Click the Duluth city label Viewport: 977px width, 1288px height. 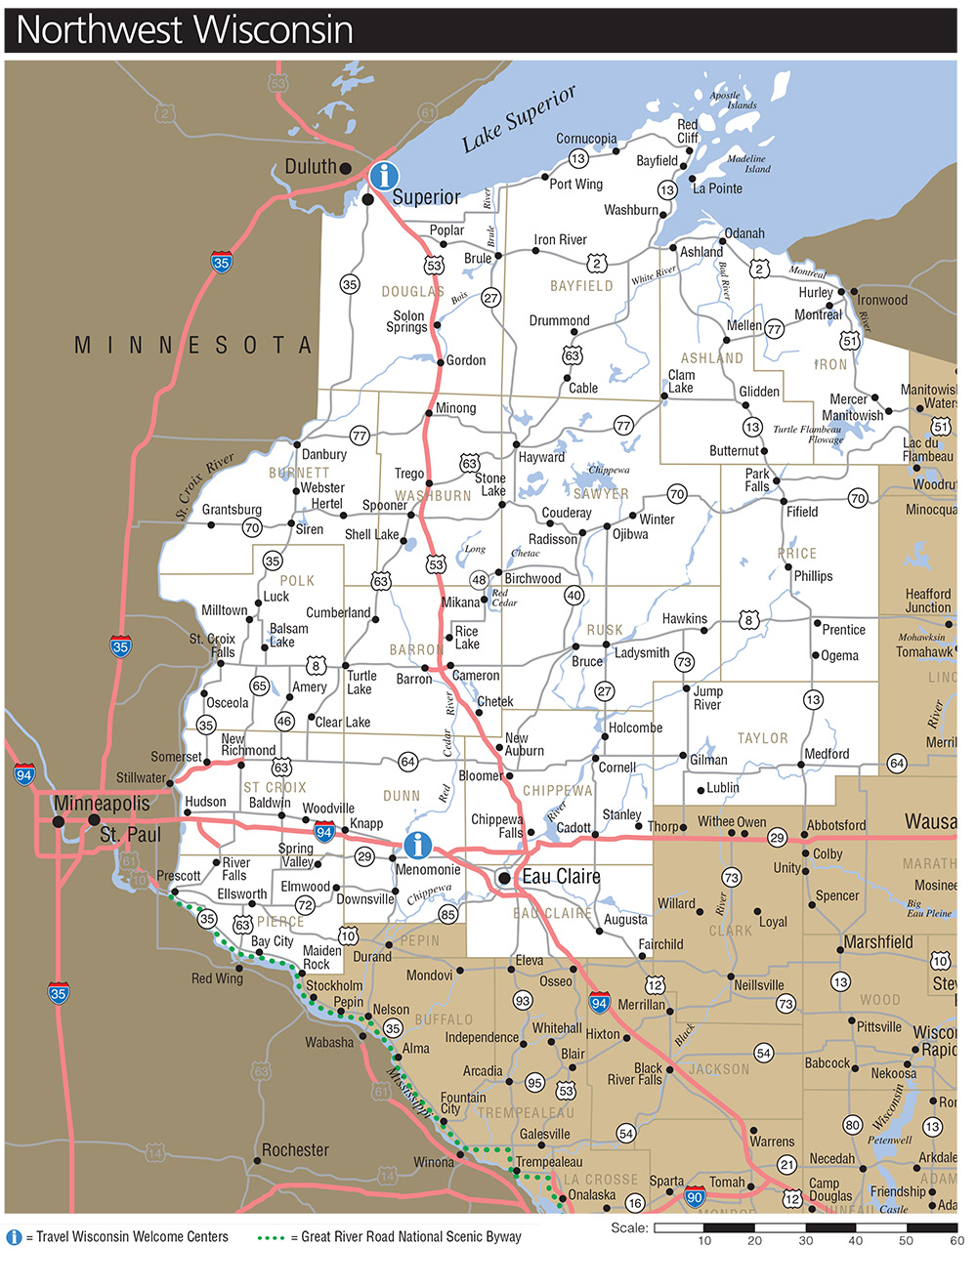[310, 167]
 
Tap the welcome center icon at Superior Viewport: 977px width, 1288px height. [384, 176]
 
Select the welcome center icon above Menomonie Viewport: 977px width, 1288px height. [418, 845]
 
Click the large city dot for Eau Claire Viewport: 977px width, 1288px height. [504, 878]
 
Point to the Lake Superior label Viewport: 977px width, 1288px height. [519, 119]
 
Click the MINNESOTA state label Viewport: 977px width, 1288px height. [193, 346]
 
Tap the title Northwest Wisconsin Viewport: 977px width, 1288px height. [185, 30]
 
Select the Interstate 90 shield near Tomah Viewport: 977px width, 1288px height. [695, 1197]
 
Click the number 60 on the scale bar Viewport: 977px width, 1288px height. [956, 1241]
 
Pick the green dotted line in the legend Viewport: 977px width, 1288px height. [271, 1237]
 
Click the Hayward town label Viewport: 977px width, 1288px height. [541, 457]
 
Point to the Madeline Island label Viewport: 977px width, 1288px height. [747, 163]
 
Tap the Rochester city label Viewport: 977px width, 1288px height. [295, 1150]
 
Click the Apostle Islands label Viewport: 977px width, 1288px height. [733, 100]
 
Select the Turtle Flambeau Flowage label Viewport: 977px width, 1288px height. [807, 435]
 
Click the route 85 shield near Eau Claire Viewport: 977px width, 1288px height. [447, 915]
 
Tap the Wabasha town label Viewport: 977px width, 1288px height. [329, 1043]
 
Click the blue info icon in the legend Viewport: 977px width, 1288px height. [14, 1237]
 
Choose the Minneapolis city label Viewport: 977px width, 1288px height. [102, 804]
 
